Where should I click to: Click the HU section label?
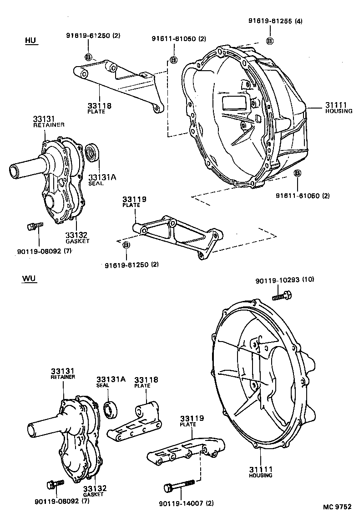click(30, 41)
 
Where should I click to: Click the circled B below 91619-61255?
click(269, 41)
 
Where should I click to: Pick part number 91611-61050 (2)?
click(179, 39)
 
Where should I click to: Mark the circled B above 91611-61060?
click(297, 174)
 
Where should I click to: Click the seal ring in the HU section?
click(92, 152)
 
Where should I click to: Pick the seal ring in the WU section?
click(111, 409)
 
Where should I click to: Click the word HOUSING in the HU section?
click(339, 111)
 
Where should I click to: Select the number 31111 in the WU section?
click(260, 469)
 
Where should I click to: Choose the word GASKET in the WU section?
click(93, 494)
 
